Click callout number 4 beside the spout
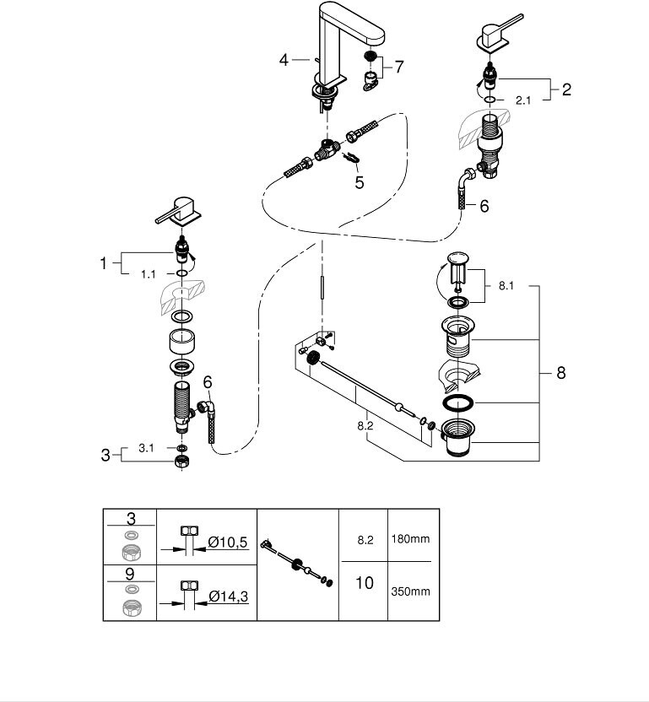click(284, 59)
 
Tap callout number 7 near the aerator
click(398, 65)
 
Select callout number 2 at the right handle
click(565, 89)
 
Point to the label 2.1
click(522, 100)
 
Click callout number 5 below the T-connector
click(360, 181)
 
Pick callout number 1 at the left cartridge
click(104, 263)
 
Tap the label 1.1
click(149, 274)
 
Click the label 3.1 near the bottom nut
click(147, 448)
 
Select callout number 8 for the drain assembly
click(561, 372)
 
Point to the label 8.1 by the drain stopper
click(506, 286)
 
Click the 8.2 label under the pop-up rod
click(365, 427)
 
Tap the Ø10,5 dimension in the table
click(227, 542)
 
